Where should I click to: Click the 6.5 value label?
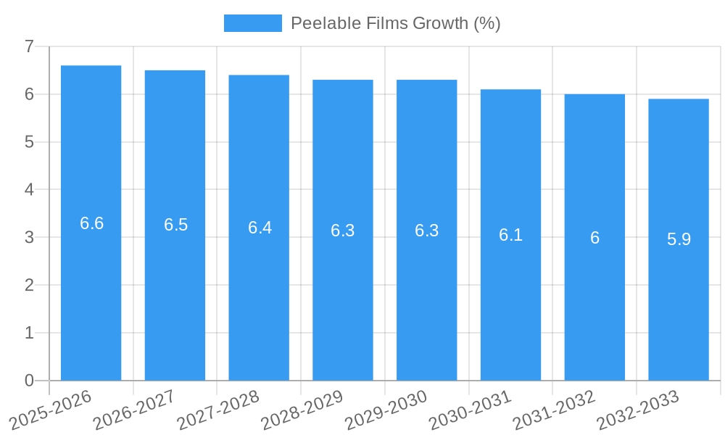tap(175, 225)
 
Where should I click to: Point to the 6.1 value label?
tap(510, 235)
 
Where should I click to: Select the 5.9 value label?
tap(679, 239)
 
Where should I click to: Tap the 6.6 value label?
tap(91, 223)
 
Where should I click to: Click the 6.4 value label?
tap(260, 228)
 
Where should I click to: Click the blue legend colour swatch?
tap(252, 23)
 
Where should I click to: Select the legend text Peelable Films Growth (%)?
tap(395, 23)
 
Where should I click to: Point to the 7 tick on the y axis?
tap(29, 46)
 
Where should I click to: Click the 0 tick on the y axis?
tap(29, 381)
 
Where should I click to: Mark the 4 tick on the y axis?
tap(29, 190)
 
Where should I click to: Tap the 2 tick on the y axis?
tap(29, 285)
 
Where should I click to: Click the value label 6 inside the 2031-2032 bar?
tap(594, 238)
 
